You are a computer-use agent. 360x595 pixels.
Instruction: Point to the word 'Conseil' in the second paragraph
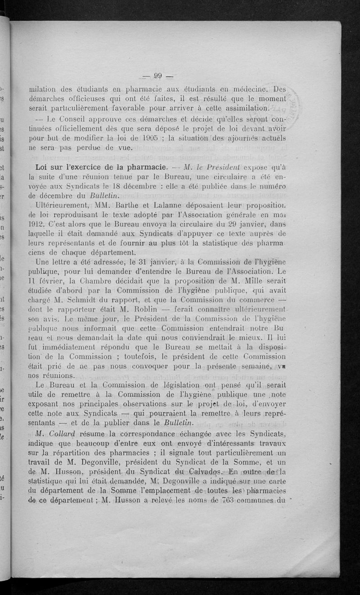(x=72, y=119)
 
